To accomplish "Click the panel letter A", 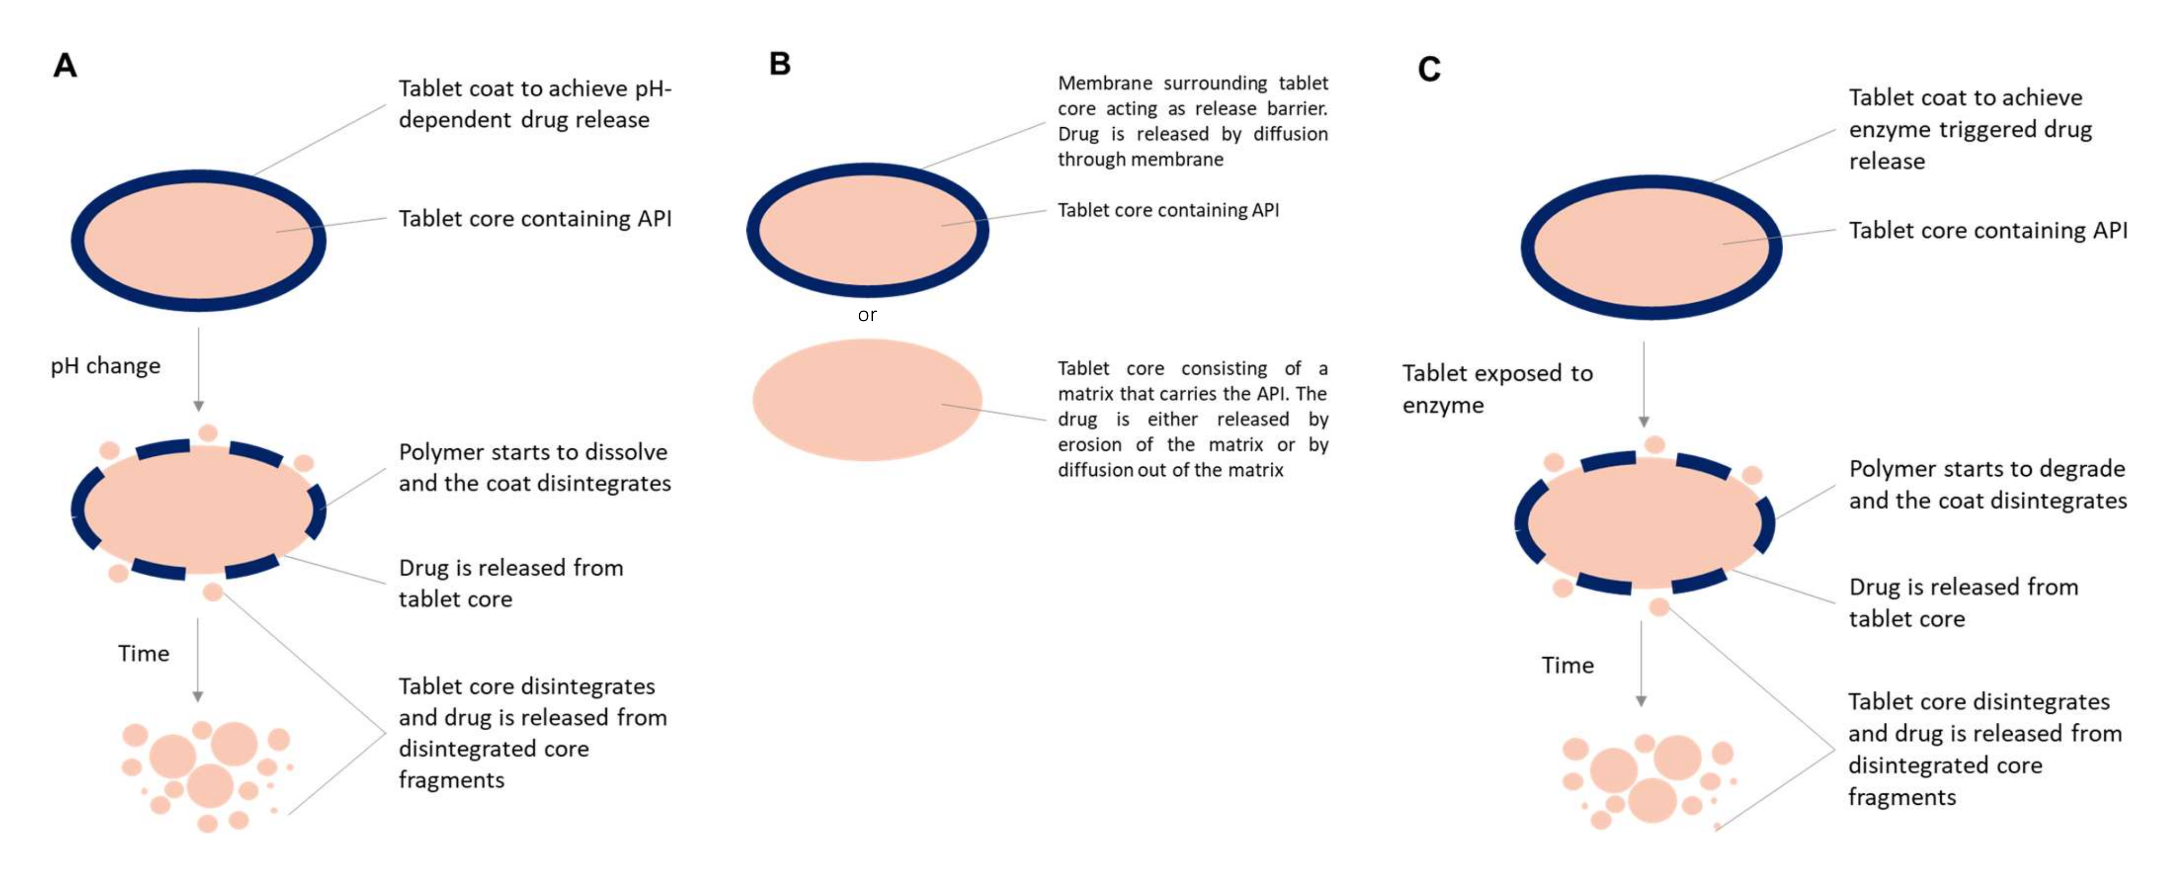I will [65, 65].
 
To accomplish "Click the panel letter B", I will [779, 64].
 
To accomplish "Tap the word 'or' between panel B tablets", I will [867, 315].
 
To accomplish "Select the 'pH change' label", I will [105, 366].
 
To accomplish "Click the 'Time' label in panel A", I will [143, 653].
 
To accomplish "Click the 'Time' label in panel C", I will [1567, 665].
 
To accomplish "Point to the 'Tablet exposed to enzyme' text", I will [1497, 389].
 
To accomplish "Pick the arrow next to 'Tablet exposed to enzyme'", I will [1643, 384].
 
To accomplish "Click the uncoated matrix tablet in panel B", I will [867, 400].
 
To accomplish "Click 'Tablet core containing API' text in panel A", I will [534, 219].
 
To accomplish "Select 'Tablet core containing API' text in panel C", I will [1987, 230].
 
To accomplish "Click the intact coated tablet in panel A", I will [198, 241].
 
